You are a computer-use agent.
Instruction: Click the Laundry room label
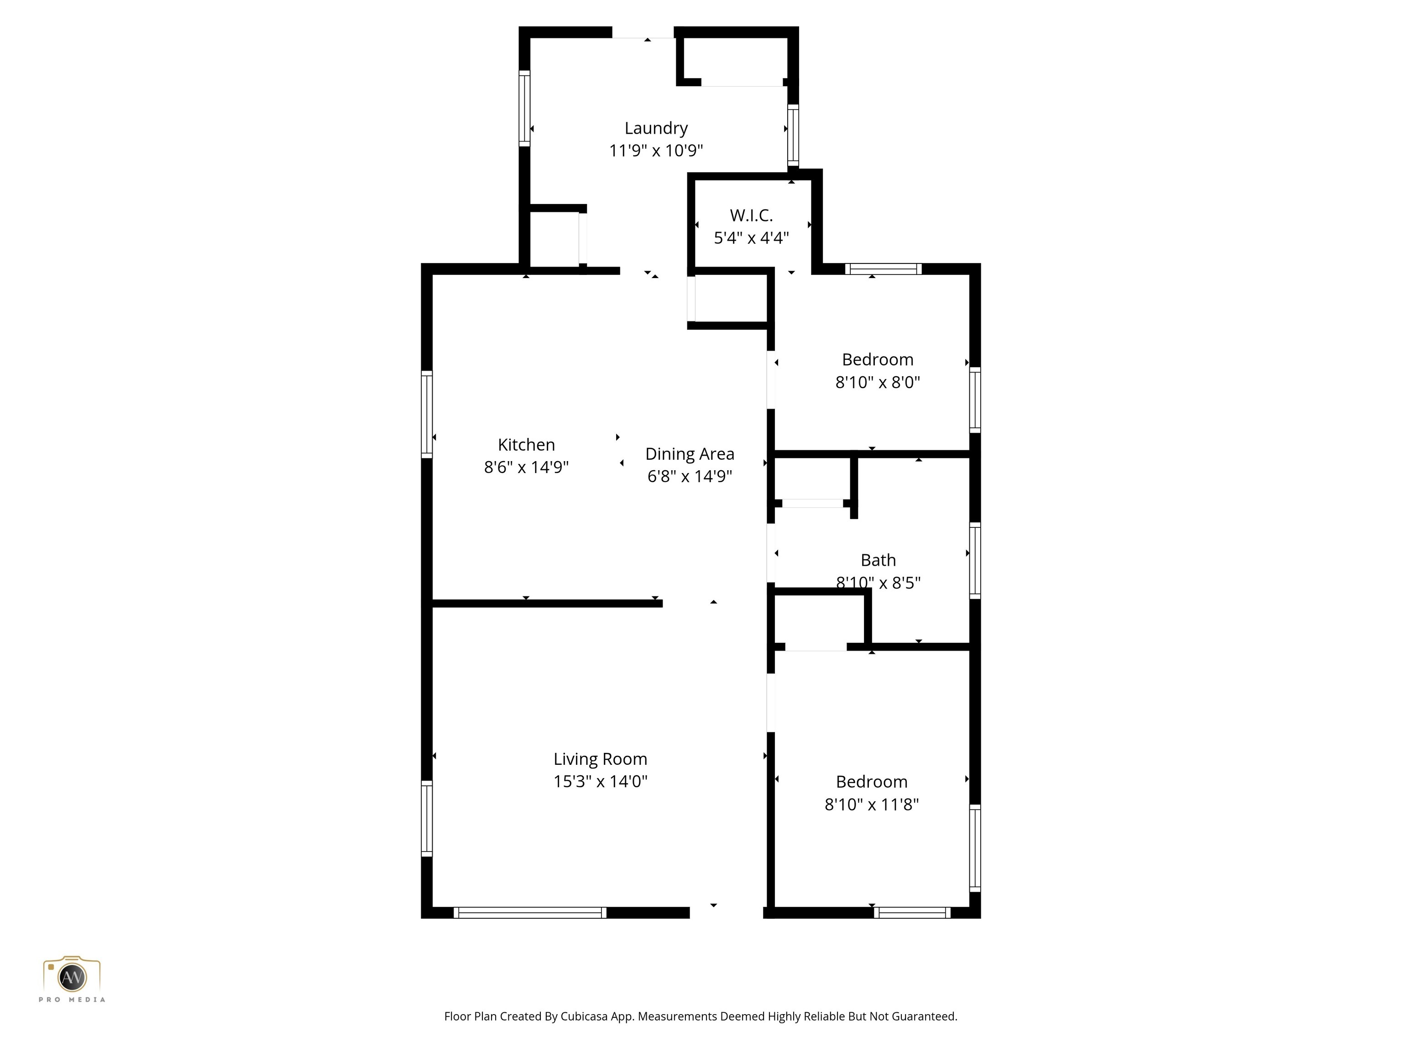(656, 128)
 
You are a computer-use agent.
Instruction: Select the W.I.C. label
(751, 216)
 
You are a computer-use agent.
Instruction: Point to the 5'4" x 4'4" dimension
(751, 238)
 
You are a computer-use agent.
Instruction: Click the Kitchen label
(526, 445)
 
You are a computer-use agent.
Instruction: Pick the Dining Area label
(690, 454)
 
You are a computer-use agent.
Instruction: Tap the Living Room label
(600, 759)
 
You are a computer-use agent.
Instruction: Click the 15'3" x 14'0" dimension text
(600, 781)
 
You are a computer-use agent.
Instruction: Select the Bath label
(878, 560)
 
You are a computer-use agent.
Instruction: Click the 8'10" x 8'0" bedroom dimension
(877, 382)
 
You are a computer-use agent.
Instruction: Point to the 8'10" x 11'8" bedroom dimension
(872, 805)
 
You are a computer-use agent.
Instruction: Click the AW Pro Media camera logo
(72, 977)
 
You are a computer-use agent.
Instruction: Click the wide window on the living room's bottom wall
(530, 912)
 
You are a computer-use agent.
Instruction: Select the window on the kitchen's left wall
(427, 414)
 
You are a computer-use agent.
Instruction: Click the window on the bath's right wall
(975, 560)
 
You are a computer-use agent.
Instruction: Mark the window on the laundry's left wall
(524, 108)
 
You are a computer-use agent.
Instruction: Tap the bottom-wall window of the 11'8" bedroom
(912, 912)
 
